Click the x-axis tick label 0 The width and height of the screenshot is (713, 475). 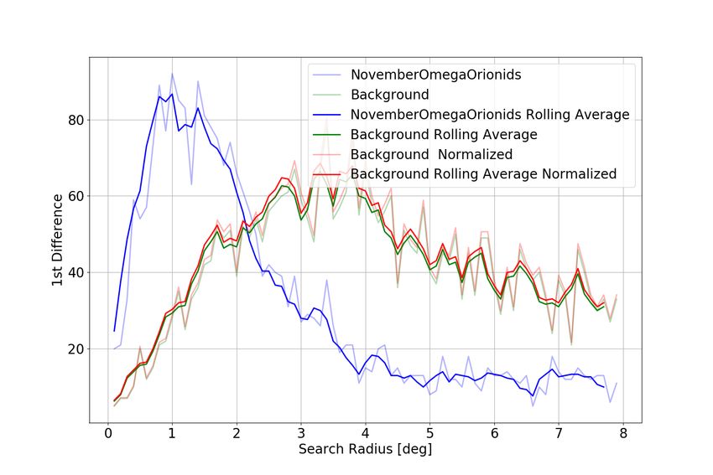(107, 433)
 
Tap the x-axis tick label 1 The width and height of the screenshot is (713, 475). (172, 433)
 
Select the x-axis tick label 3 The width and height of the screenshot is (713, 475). (300, 433)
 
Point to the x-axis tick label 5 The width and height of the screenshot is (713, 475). (429, 433)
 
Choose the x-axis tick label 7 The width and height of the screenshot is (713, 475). (559, 433)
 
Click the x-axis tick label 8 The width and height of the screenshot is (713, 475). (623, 433)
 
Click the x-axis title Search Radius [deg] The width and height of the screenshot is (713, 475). (366, 450)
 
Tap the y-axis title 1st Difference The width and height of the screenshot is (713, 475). (56, 240)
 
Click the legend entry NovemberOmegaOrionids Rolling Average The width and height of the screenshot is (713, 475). (490, 114)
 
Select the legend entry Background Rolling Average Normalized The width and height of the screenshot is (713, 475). (484, 174)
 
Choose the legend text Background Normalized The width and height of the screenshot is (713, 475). (431, 154)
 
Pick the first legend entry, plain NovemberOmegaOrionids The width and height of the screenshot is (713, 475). (435, 75)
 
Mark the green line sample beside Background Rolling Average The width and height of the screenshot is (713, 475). (328, 134)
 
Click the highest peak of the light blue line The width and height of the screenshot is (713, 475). (172, 73)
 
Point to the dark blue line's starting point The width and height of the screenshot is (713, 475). (114, 331)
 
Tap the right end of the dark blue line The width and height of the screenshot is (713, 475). (604, 387)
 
